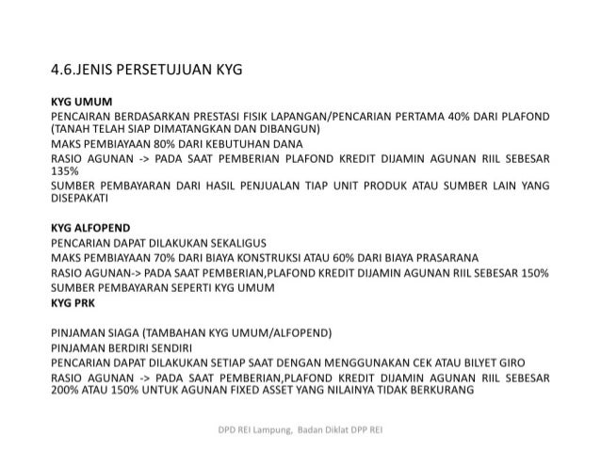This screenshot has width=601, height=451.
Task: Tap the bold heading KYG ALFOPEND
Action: (x=90, y=228)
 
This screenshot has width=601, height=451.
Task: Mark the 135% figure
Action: (x=65, y=171)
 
